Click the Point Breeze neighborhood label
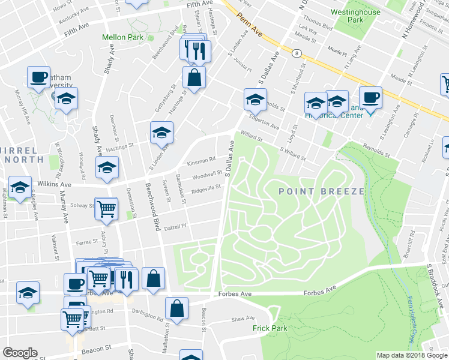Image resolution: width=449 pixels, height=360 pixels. [x=321, y=191]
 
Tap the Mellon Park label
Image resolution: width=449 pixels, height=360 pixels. [x=122, y=37]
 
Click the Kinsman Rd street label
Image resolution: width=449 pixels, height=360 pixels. [x=200, y=161]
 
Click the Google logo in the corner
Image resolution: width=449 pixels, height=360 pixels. [x=20, y=353]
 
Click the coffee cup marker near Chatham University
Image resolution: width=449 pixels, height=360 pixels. [x=38, y=77]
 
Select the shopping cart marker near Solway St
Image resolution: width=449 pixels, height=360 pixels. [x=106, y=208]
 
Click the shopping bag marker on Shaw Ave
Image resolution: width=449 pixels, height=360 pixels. [x=178, y=308]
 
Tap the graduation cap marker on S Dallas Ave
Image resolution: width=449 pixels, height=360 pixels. [x=255, y=99]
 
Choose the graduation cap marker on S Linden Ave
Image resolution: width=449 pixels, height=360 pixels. [x=161, y=132]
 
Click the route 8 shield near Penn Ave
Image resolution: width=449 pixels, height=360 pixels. [x=297, y=53]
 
